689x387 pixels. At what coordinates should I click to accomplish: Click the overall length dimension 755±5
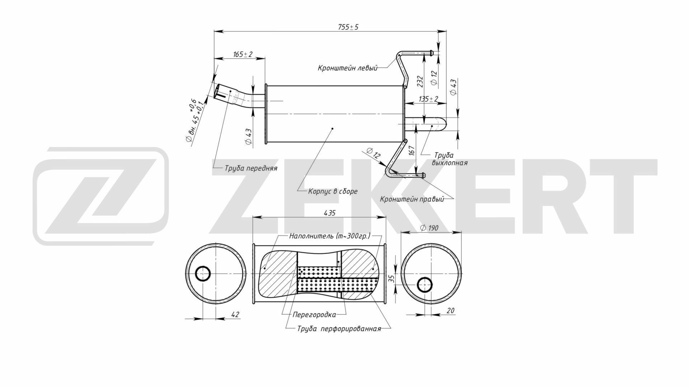tap(348, 27)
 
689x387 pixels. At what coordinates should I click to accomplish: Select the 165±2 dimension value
tap(243, 54)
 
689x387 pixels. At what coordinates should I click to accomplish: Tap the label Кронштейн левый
tap(347, 68)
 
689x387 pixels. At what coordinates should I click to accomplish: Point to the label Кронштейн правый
tap(412, 199)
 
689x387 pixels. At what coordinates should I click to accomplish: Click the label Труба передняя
tap(251, 168)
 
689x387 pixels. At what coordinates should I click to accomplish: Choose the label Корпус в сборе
tap(333, 191)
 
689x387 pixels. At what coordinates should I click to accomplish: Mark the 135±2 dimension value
tap(428, 99)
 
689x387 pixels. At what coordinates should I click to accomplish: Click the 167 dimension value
tap(412, 150)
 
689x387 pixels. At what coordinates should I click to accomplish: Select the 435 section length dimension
tap(329, 213)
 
